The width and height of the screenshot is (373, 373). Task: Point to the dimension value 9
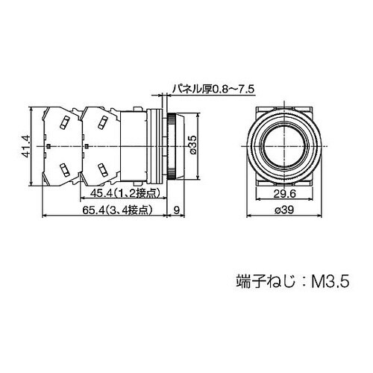point(176,211)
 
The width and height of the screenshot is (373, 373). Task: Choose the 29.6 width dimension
point(283,195)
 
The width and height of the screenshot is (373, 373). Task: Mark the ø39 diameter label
point(283,211)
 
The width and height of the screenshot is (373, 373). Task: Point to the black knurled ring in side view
point(172,146)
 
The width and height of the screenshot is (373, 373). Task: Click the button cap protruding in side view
point(178,146)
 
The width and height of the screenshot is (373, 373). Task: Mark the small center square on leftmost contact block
point(48,146)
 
